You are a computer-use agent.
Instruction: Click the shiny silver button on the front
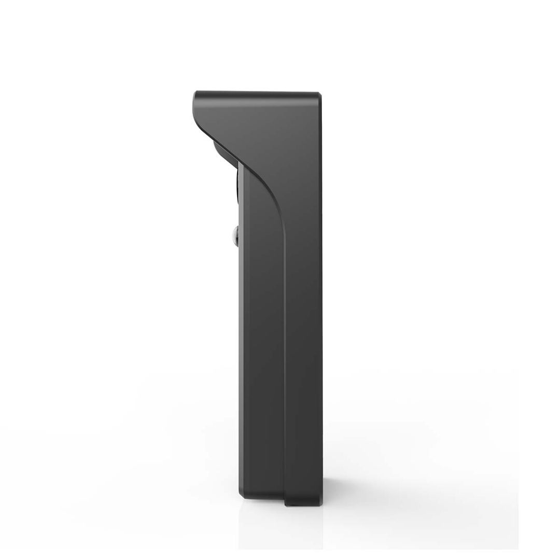pyautogui.click(x=235, y=236)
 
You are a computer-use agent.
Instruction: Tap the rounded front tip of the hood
pyautogui.click(x=195, y=99)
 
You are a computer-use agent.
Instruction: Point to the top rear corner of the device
pyautogui.click(x=319, y=94)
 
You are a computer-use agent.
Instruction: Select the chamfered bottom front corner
pyautogui.click(x=241, y=495)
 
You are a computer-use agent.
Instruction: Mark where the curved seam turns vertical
pyautogui.click(x=283, y=228)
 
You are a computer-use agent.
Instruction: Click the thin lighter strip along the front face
pyautogui.click(x=241, y=337)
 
